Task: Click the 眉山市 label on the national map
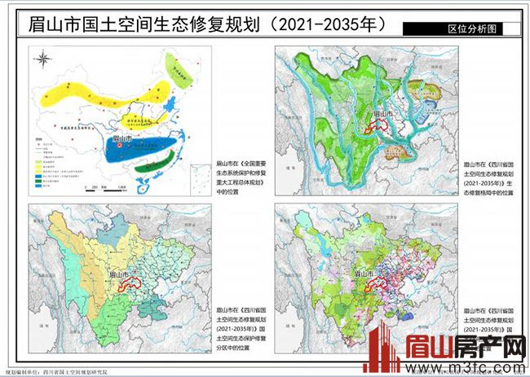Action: coord(125,139)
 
